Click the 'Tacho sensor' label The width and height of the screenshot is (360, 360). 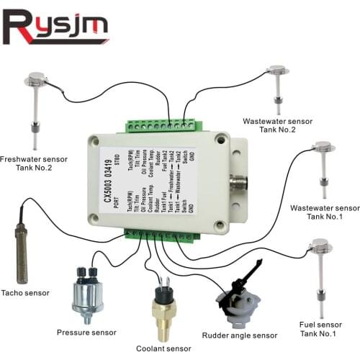pos(27,292)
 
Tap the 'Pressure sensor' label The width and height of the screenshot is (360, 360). pos(86,333)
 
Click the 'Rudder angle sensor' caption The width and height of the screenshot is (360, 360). pos(240,336)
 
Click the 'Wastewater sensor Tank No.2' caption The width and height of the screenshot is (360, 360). pos(277,126)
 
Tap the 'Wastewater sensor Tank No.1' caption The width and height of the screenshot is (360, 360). pos(315,212)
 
